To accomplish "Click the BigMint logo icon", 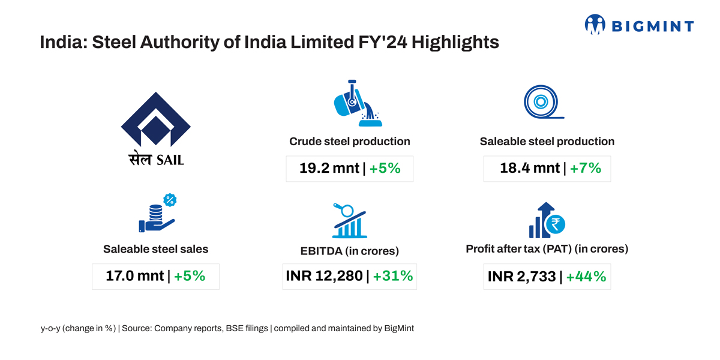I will pyautogui.click(x=595, y=25).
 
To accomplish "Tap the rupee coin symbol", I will pyautogui.click(x=556, y=224).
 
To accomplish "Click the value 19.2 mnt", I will pyautogui.click(x=329, y=169).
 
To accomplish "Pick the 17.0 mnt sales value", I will pyautogui.click(x=134, y=276).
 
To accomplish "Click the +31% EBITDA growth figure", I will pyautogui.click(x=392, y=276).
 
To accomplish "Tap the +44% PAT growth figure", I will pyautogui.click(x=586, y=277).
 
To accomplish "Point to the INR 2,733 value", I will pyautogui.click(x=521, y=277).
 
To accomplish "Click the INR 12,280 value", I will pyautogui.click(x=325, y=276).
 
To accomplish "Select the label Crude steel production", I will pyautogui.click(x=350, y=142).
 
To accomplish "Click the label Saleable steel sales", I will pyautogui.click(x=155, y=248).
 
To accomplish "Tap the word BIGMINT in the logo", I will pyautogui.click(x=653, y=26).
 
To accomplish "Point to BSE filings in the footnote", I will pyautogui.click(x=247, y=329).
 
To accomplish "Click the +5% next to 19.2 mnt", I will pyautogui.click(x=385, y=169).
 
